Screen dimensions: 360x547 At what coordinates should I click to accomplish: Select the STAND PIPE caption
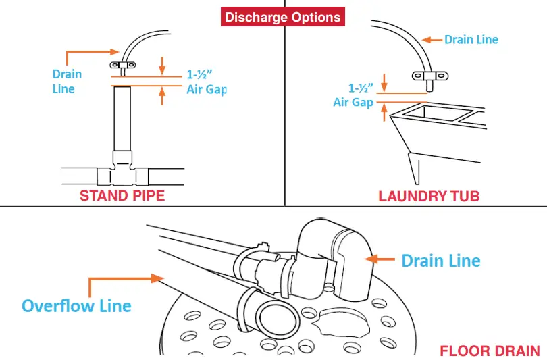click(x=122, y=196)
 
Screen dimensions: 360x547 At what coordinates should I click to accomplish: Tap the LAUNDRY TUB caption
click(x=429, y=196)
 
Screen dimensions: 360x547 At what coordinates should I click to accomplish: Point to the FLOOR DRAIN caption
click(x=490, y=351)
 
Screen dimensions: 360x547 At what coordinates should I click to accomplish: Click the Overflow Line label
click(x=76, y=305)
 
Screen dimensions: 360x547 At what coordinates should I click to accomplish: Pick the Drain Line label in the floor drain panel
click(x=441, y=260)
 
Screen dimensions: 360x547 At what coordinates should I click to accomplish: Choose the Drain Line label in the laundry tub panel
click(x=471, y=39)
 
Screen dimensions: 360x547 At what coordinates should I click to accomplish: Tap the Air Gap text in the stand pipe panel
click(x=207, y=89)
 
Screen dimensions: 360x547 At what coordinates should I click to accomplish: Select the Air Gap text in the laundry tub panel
click(x=353, y=102)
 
